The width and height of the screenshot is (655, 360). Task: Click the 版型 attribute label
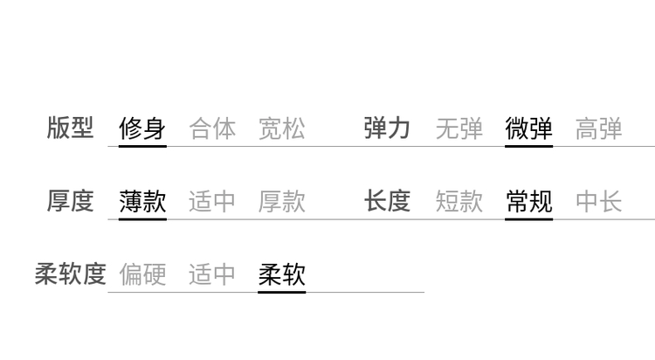(x=70, y=128)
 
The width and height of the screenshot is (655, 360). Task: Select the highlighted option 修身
(x=142, y=129)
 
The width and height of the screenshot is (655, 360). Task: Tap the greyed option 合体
(x=212, y=129)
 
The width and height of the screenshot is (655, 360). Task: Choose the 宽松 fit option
(x=282, y=129)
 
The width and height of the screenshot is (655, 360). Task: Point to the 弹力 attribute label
(x=387, y=128)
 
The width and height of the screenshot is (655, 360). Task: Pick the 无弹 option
(x=459, y=129)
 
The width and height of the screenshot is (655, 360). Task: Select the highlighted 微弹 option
(x=528, y=129)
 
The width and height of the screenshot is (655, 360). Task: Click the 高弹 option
(x=598, y=129)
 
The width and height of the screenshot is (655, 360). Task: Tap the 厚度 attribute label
(x=70, y=201)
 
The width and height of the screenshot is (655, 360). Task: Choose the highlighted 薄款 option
(x=142, y=202)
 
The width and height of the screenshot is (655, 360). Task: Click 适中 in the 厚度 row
(x=212, y=202)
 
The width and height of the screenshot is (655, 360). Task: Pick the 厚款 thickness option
(x=282, y=202)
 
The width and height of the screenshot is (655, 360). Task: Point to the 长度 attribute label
(x=387, y=201)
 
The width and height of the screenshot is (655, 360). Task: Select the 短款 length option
(x=459, y=202)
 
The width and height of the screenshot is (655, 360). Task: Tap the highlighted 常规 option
(x=528, y=202)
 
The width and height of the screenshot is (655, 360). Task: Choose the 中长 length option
(x=598, y=202)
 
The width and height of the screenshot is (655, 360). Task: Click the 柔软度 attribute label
(x=70, y=273)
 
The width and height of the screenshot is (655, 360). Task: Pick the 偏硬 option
(x=142, y=274)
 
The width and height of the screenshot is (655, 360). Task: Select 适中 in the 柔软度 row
(x=212, y=274)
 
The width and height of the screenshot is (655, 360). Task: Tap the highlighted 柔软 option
(x=282, y=274)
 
